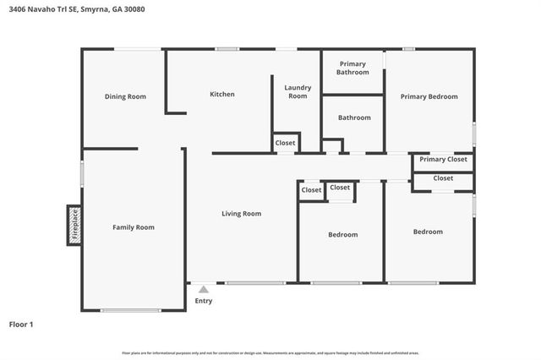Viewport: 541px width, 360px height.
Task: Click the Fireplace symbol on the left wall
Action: tap(74, 225)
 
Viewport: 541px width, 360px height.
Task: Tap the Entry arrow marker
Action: tap(203, 289)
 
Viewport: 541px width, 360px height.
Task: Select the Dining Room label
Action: tap(125, 96)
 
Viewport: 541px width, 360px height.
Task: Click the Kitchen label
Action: tap(222, 94)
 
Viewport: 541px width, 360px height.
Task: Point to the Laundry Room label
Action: tap(298, 92)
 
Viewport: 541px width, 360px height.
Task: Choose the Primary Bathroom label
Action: tap(353, 68)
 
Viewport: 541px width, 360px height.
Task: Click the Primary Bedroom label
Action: tap(429, 96)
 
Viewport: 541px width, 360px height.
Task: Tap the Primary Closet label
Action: tap(443, 159)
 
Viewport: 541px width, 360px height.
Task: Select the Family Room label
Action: tap(134, 227)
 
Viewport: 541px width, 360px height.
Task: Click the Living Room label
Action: tap(241, 214)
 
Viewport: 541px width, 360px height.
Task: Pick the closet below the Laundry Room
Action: tap(285, 143)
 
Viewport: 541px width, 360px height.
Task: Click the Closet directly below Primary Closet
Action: tap(443, 178)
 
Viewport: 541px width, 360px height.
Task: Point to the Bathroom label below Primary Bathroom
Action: tap(354, 117)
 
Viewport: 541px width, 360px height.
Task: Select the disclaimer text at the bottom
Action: tap(270, 352)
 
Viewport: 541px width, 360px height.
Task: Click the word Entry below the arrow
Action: tap(204, 301)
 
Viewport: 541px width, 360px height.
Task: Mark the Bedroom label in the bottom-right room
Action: tap(427, 232)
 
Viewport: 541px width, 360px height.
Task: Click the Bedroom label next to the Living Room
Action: tap(342, 234)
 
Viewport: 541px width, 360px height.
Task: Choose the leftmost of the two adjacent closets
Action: tap(311, 190)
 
